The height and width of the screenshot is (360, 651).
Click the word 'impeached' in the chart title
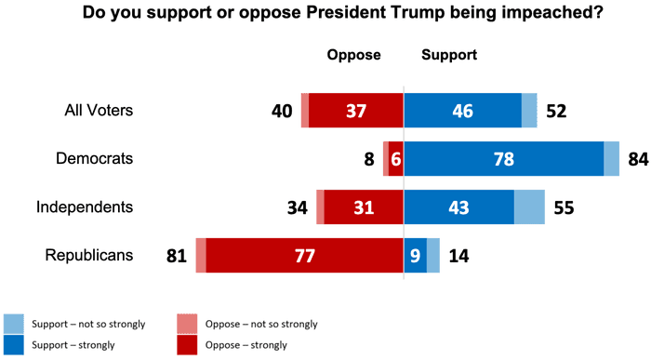511,14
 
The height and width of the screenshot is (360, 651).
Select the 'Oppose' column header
353,55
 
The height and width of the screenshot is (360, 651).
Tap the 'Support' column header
449,55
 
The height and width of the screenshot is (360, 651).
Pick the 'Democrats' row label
94,158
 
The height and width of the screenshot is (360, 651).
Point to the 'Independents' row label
85,207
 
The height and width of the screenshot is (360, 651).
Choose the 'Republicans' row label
87,255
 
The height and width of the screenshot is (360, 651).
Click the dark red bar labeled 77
304,255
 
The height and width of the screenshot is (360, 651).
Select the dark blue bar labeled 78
503,158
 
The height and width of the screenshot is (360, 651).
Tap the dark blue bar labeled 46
462,111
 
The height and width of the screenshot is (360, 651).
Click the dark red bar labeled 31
364,207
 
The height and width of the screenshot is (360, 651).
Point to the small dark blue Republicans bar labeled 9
415,255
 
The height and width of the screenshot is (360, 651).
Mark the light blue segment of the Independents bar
529,207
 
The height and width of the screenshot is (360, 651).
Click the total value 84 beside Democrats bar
637,159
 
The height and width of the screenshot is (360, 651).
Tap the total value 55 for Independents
564,207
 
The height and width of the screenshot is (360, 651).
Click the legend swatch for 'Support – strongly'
13,345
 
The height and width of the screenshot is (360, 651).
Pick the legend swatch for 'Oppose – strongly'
187,345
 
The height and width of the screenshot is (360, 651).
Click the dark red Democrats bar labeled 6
396,158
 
